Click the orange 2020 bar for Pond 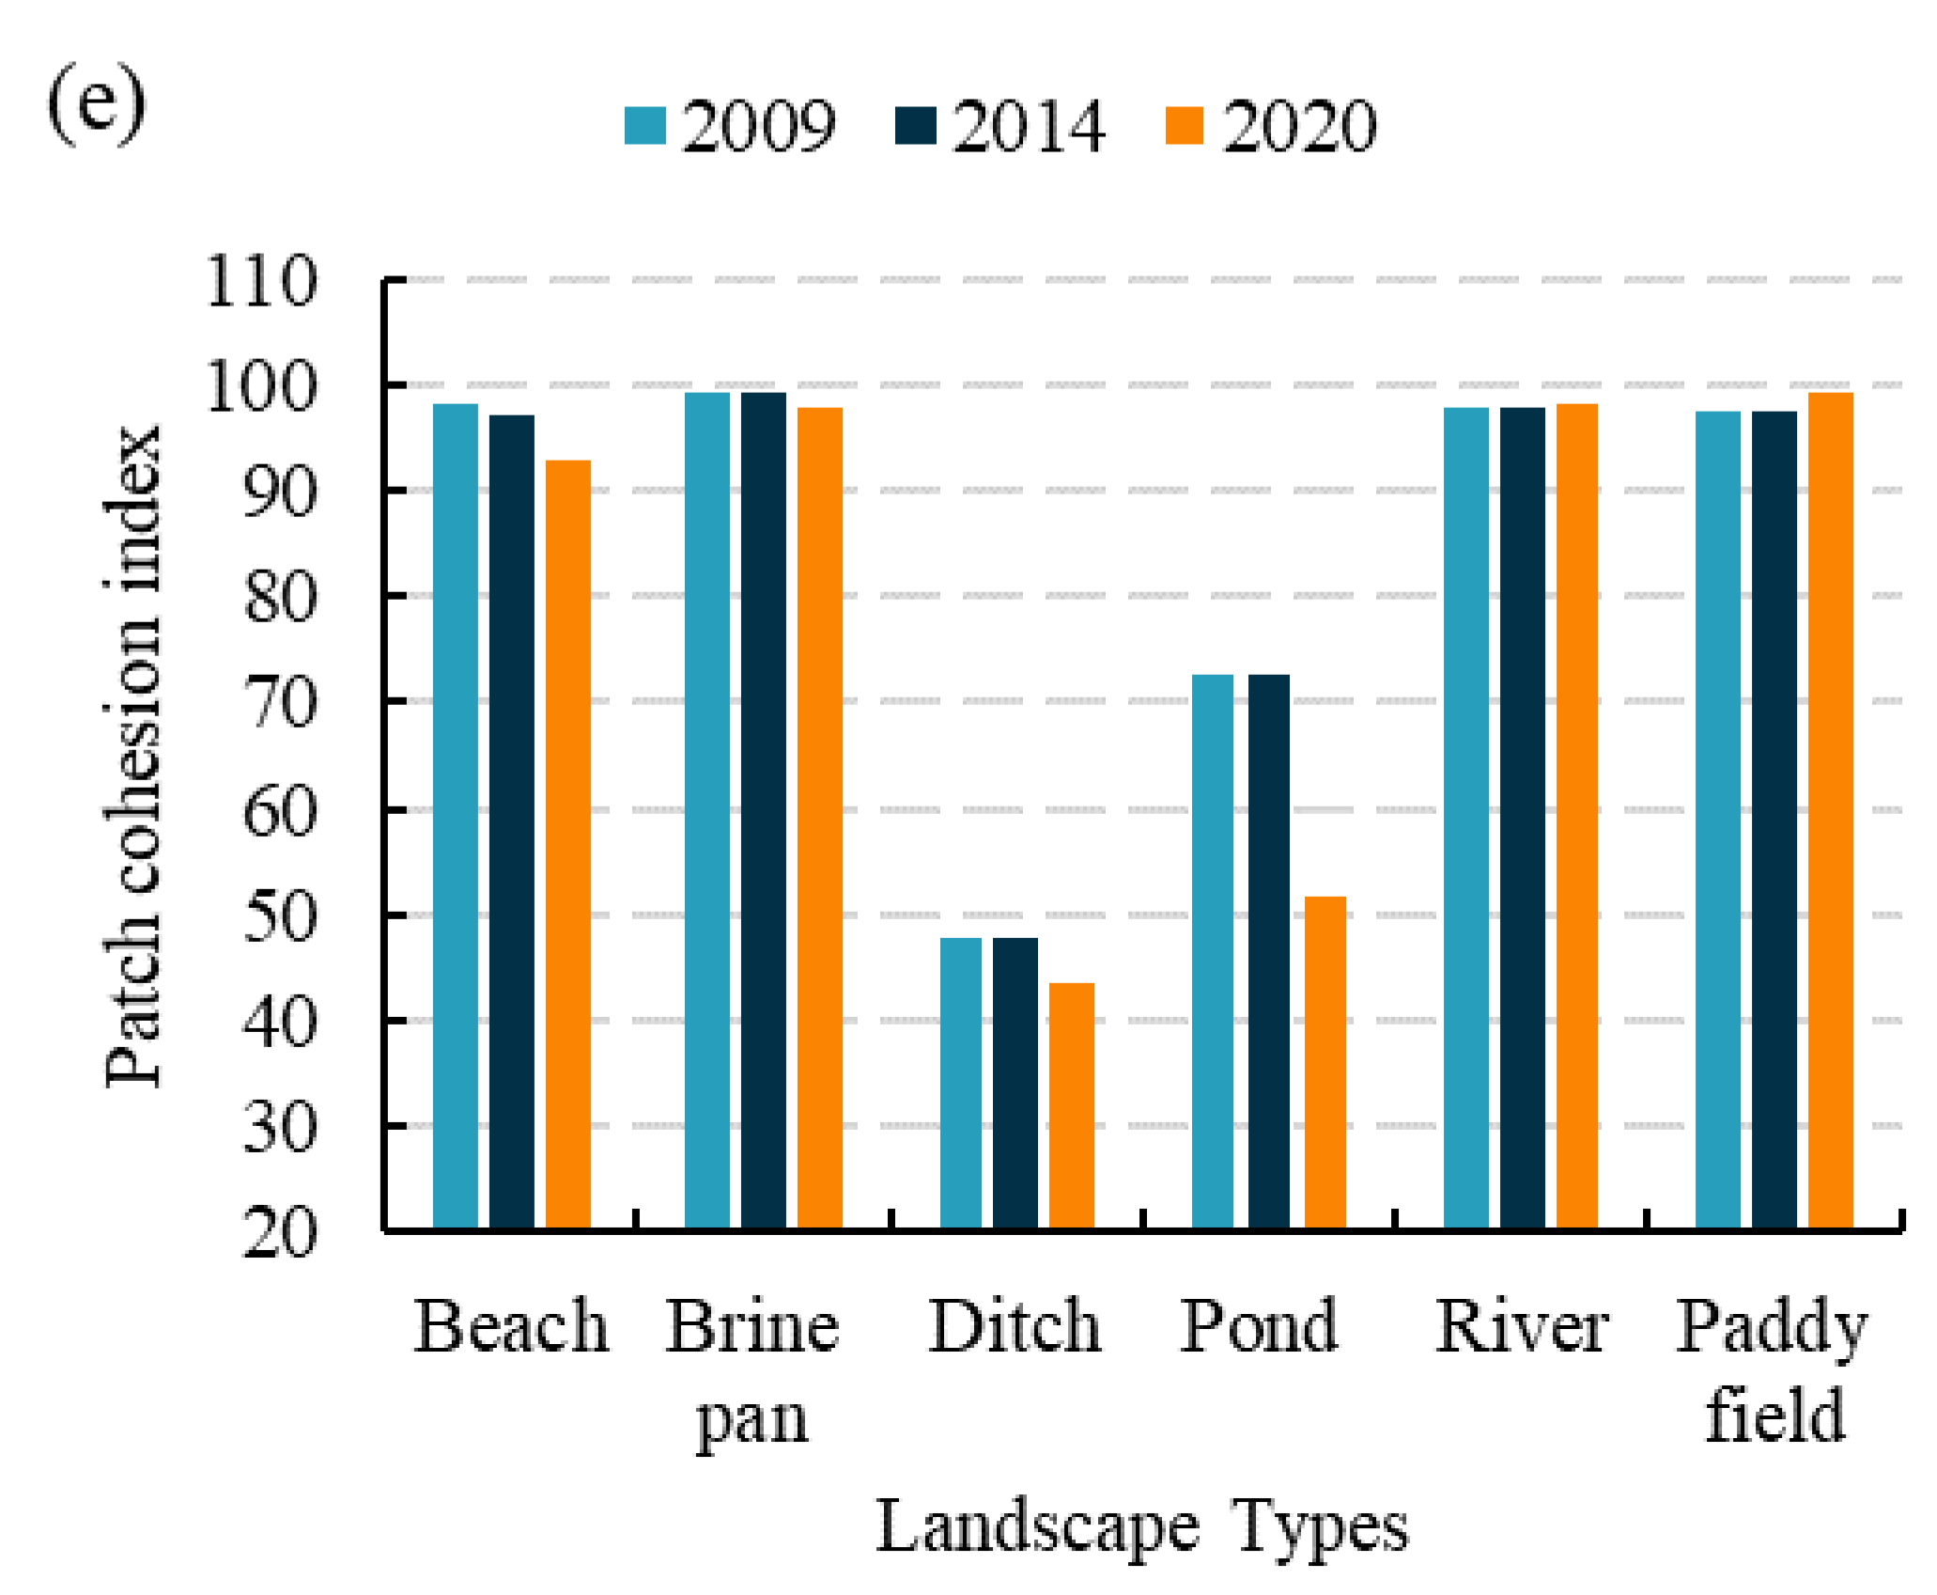pos(1325,1062)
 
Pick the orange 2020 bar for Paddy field pos(1830,809)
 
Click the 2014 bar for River pos(1522,817)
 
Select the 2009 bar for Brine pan pos(706,809)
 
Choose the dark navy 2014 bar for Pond pos(1268,950)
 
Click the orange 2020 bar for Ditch pos(1071,1105)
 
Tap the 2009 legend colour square pos(645,126)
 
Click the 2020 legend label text pos(1299,126)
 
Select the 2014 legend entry pos(1001,126)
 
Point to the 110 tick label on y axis pos(261,281)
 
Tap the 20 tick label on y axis pos(280,1232)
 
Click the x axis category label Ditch pos(1015,1326)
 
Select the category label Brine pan pos(752,1370)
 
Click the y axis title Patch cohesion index pos(132,757)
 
